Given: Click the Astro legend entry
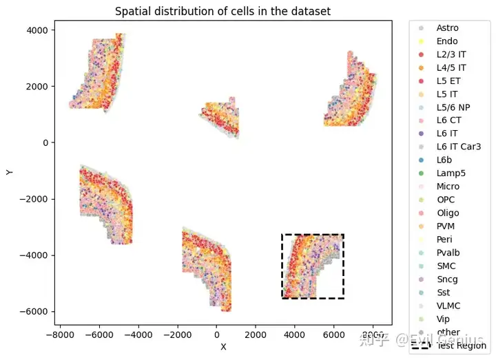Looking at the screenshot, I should [x=447, y=28].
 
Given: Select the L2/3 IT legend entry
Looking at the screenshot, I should [x=451, y=54].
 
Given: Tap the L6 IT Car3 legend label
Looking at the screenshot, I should [x=458, y=147].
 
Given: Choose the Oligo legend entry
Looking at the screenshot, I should [x=448, y=213].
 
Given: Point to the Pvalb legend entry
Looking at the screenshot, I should [x=448, y=253].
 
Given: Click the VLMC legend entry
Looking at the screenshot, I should [x=448, y=306].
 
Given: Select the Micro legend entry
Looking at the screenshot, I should [x=448, y=187].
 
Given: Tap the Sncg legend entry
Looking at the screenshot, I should [x=448, y=279].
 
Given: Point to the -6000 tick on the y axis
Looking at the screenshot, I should [x=36, y=312].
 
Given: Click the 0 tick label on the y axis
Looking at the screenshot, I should [x=45, y=142].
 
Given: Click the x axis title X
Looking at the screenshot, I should [x=223, y=347].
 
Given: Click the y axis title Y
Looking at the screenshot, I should [x=9, y=171].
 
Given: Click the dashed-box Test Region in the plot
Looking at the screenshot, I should [x=313, y=266].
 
